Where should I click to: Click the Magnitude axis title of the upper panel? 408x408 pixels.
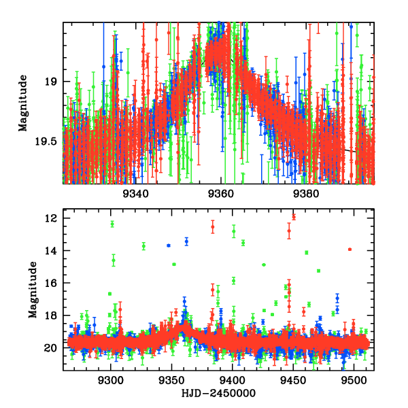click(23, 103)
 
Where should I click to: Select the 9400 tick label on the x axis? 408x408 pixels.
click(233, 381)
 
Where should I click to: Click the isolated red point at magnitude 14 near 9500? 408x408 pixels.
click(350, 250)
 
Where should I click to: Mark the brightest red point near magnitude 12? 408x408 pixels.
click(294, 217)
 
